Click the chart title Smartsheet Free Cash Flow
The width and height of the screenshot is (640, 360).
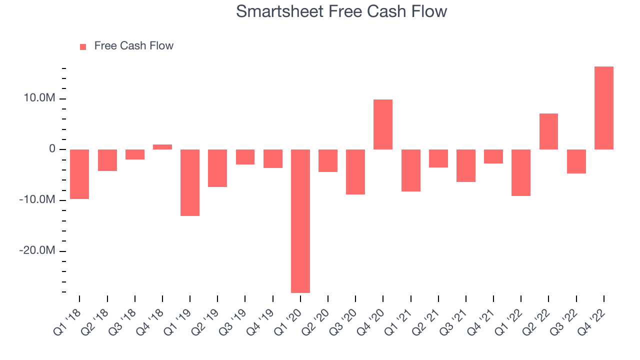pos(341,11)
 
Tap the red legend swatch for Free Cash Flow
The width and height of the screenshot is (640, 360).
pos(83,47)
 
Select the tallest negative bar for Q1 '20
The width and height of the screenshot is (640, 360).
pos(300,221)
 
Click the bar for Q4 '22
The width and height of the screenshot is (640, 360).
pos(604,108)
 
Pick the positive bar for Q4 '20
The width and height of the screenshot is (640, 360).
pos(383,124)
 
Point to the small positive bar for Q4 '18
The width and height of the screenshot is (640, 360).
pos(162,147)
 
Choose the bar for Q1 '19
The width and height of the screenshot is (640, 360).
pos(190,182)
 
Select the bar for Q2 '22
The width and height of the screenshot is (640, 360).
pos(548,131)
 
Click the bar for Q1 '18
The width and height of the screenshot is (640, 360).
pos(79,174)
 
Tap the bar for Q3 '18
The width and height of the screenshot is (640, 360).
pos(135,154)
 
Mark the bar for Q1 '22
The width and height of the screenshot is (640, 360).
pos(521,172)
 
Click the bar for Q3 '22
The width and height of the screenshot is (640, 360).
pos(576,161)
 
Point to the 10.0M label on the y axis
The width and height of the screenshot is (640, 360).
pos(39,98)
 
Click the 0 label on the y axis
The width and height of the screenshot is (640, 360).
pos(52,149)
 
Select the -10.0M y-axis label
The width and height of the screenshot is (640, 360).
pos(37,199)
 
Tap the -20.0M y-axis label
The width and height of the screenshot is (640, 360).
pos(37,250)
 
